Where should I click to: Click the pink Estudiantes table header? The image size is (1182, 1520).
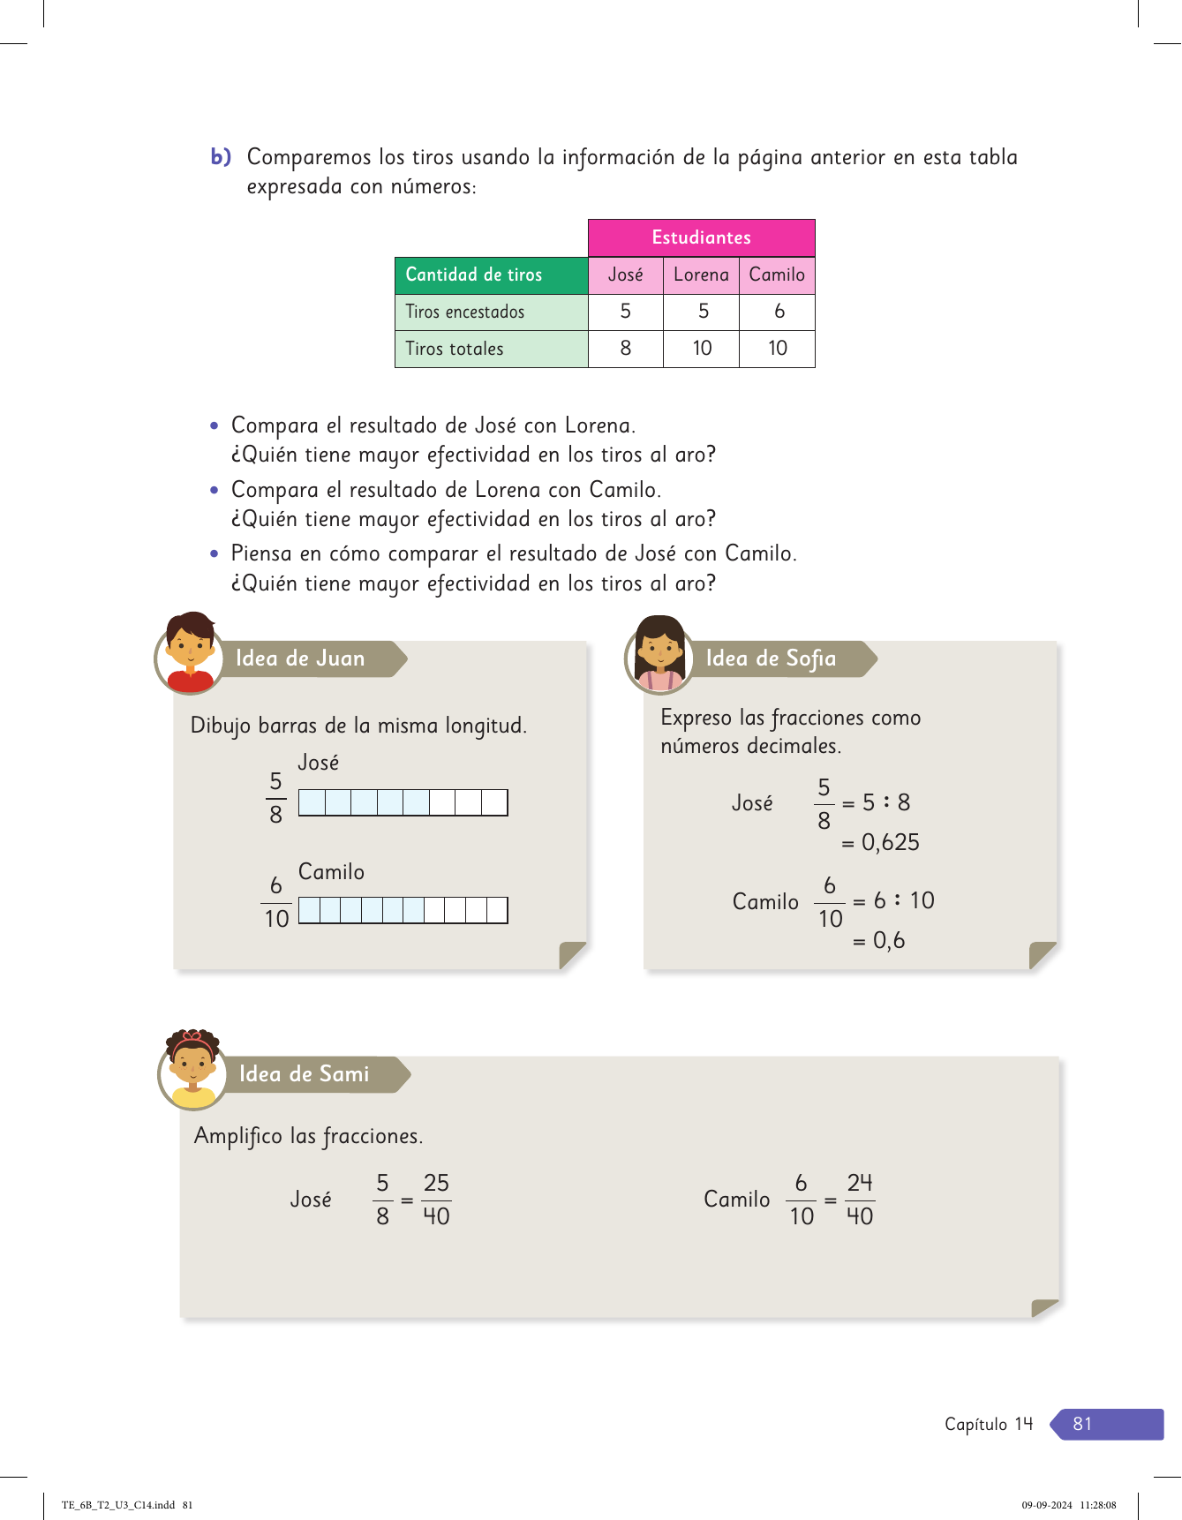701,237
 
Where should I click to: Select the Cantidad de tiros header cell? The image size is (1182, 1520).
491,275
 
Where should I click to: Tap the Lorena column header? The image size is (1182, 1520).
701,275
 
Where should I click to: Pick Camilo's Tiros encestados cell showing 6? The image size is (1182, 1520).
778,312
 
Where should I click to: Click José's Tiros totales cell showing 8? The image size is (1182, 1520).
625,349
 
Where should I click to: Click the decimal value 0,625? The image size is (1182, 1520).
890,843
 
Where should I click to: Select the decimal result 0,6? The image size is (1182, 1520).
888,941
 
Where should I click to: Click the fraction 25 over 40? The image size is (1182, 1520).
436,1200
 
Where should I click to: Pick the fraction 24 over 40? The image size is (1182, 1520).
860,1200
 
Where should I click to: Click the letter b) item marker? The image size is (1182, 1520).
221,157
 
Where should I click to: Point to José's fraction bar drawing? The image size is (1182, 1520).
403,802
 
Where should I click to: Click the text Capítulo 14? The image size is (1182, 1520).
988,1424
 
